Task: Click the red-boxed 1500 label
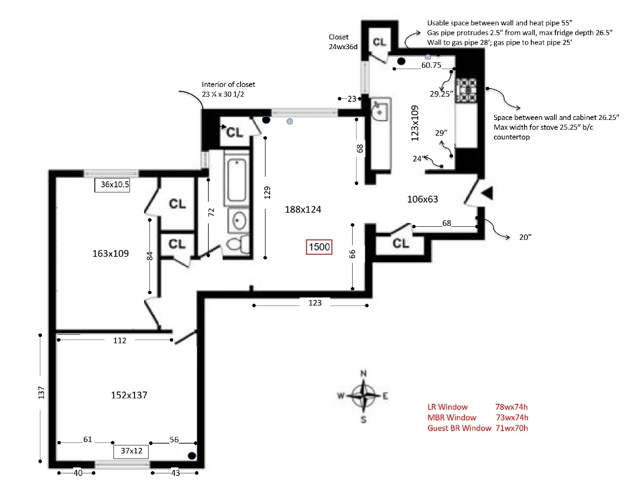point(319,247)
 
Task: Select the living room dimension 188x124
point(303,209)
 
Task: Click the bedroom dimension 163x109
point(110,253)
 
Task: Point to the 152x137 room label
point(129,395)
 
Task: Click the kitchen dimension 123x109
point(415,123)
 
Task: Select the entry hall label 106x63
point(422,199)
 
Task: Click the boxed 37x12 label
point(131,451)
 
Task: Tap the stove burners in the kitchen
point(466,90)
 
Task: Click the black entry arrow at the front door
point(487,193)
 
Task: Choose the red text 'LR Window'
point(447,407)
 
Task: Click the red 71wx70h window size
point(512,428)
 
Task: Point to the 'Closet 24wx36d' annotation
point(343,42)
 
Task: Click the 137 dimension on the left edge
point(41,392)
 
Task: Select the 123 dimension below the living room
point(315,303)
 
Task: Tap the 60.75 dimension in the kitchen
point(431,65)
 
